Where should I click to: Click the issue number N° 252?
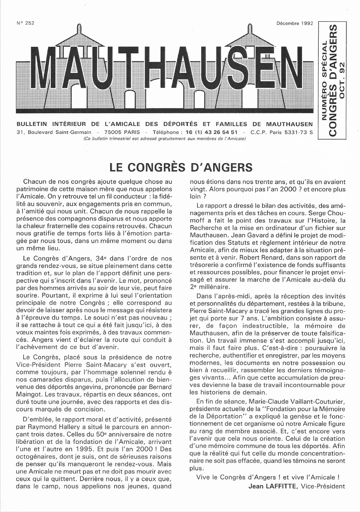25,23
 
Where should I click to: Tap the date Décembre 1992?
294,24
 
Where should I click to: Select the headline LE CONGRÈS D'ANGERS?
181,167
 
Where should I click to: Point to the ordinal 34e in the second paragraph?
103,259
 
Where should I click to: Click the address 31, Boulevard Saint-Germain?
54,133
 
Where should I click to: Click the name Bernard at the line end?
160,387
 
